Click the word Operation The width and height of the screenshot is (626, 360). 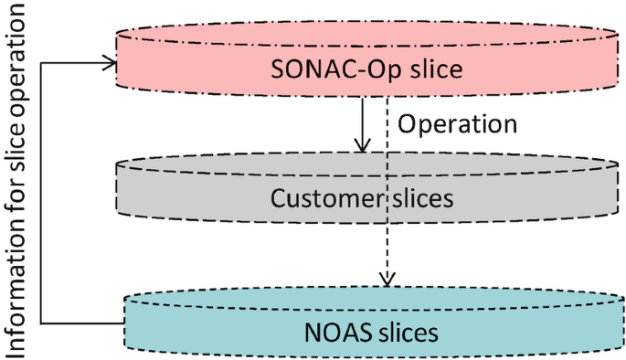pyautogui.click(x=459, y=122)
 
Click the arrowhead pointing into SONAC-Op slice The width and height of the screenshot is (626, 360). pyautogui.click(x=111, y=63)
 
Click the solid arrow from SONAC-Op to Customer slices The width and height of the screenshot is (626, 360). pyautogui.click(x=364, y=119)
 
